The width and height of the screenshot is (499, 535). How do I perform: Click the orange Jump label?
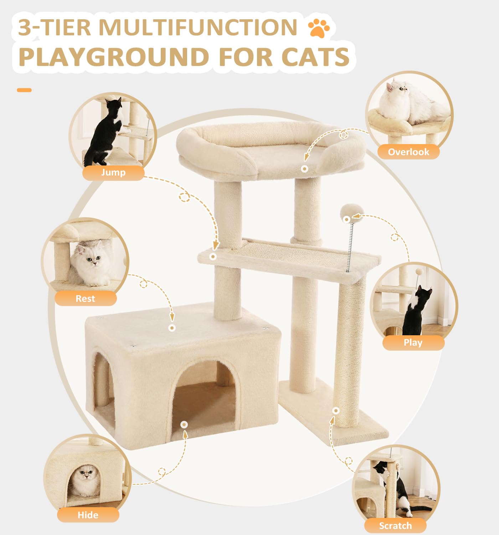[x=113, y=173]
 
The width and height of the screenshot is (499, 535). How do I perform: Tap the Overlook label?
[x=408, y=152]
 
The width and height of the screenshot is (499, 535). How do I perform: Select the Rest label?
[x=85, y=299]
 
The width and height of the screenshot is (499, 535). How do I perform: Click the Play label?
[x=413, y=343]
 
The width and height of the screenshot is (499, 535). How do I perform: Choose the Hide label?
[x=88, y=515]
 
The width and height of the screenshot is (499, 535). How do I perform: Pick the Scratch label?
[x=395, y=526]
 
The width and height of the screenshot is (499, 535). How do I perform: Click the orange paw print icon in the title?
[x=319, y=28]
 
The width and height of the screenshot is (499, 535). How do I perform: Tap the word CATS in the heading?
[x=315, y=57]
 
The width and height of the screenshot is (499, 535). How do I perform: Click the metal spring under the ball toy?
[x=350, y=246]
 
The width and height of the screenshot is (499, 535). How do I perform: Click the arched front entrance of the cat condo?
[x=204, y=396]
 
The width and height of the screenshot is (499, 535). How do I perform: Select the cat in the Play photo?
[x=416, y=310]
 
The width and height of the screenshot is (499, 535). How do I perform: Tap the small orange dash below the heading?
[x=24, y=90]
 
